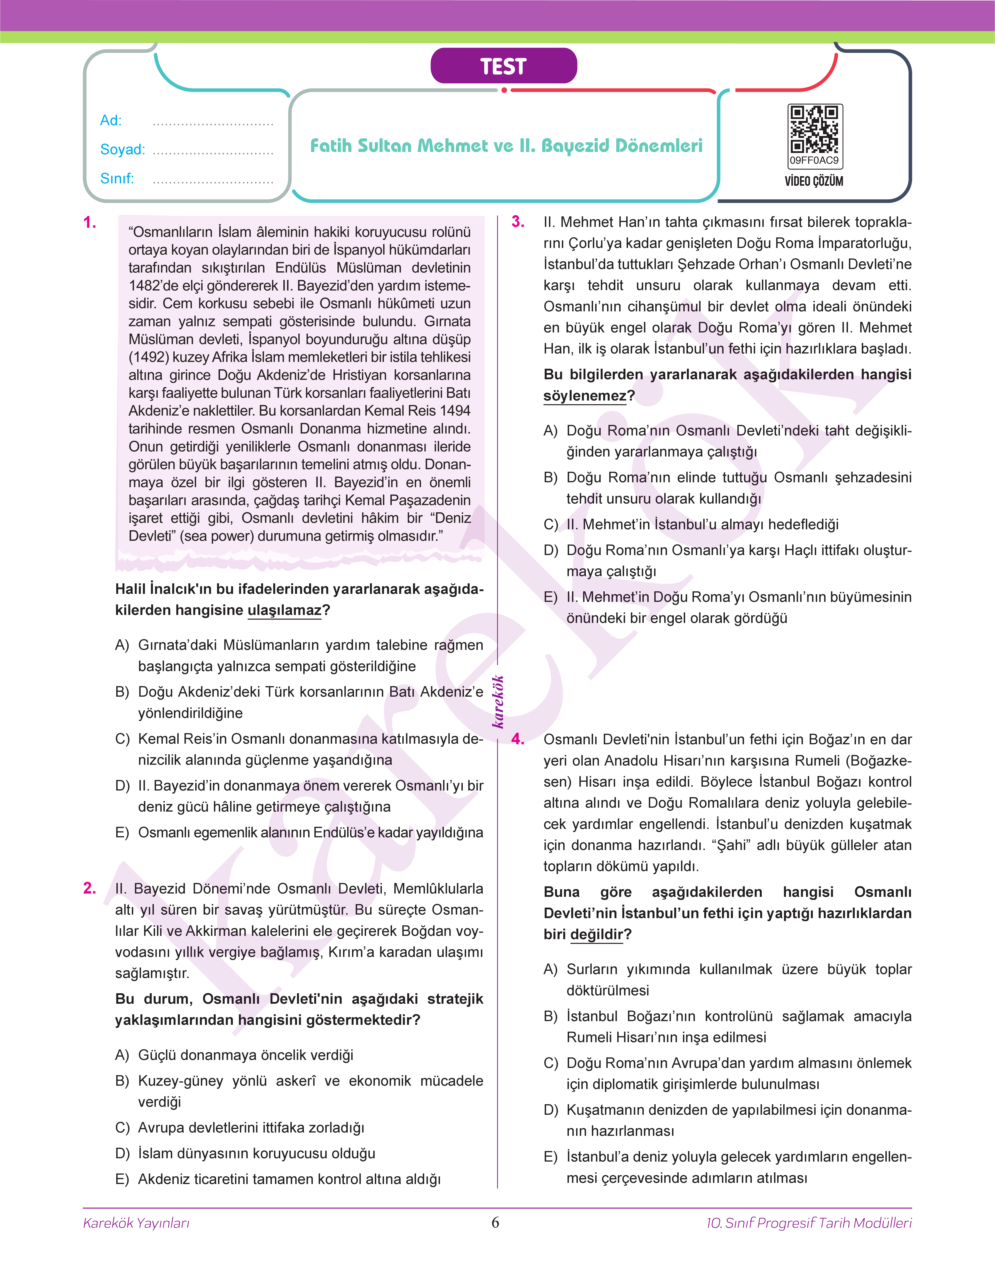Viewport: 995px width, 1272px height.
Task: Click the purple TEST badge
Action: pyautogui.click(x=503, y=66)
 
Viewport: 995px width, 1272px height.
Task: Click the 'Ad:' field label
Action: pyautogui.click(x=111, y=121)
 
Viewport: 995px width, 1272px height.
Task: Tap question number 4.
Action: pyautogui.click(x=518, y=739)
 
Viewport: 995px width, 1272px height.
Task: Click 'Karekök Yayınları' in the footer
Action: pyautogui.click(x=136, y=1223)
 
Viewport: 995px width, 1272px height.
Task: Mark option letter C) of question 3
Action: pyautogui.click(x=551, y=524)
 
